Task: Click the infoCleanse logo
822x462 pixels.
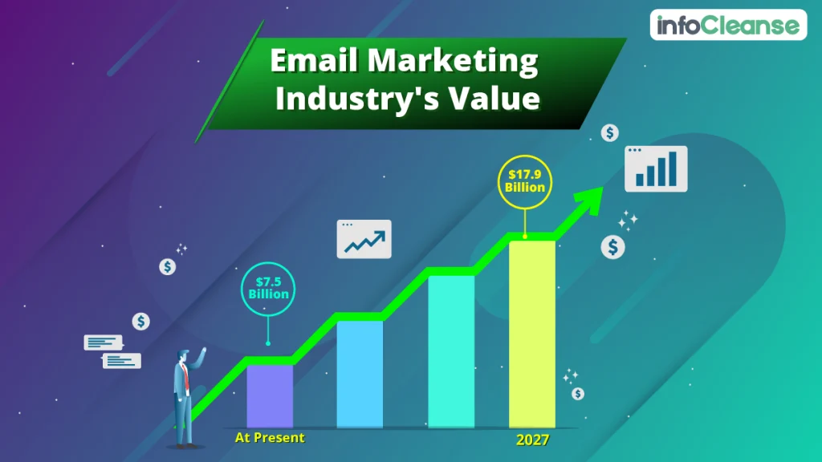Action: (727, 26)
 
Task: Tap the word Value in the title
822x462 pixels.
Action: (493, 99)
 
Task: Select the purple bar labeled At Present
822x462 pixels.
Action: (270, 396)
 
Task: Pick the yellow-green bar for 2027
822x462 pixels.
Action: (531, 333)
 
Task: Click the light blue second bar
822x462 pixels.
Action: (360, 374)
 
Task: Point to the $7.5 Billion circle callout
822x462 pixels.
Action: (268, 288)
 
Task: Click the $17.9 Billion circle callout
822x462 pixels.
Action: (525, 181)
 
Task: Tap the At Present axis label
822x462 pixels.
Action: (270, 438)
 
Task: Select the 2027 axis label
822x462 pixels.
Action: (532, 440)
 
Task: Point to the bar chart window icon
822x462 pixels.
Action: (656, 168)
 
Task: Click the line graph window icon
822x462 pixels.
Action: (364, 239)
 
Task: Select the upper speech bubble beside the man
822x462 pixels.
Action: (103, 342)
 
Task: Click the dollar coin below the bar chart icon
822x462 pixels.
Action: (613, 247)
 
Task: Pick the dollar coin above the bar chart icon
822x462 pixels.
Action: (610, 133)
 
